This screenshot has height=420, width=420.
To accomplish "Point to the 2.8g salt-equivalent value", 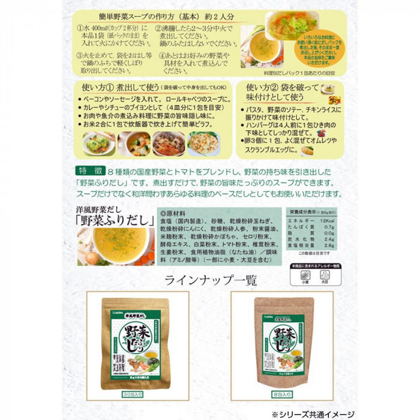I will [x=327, y=246].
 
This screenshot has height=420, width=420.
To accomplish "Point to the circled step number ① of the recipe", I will [x=82, y=28].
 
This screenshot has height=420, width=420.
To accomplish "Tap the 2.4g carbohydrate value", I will [x=327, y=239].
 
